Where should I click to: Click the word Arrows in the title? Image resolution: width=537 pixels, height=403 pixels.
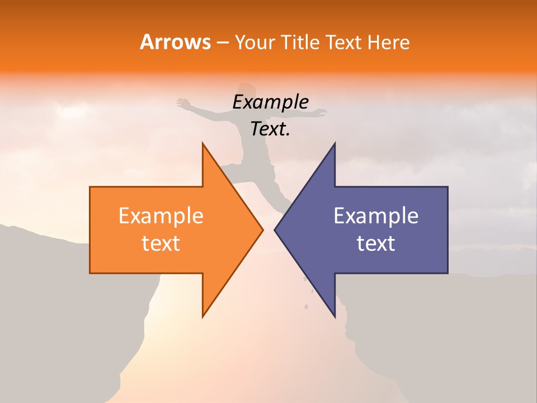tap(175, 42)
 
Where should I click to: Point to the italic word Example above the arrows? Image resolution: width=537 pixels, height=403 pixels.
tap(270, 102)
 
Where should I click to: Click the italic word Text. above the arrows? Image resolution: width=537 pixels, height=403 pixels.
tap(270, 129)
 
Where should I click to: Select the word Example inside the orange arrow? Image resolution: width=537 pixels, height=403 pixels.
tap(161, 216)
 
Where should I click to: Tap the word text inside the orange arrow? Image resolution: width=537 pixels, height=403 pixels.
tap(161, 243)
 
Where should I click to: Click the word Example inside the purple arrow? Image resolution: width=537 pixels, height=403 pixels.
tap(376, 216)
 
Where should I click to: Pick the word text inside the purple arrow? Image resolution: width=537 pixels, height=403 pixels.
tap(376, 243)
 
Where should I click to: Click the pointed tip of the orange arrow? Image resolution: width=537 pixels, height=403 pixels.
tap(262, 229)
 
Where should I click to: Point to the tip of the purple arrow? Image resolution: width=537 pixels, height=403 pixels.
tap(275, 229)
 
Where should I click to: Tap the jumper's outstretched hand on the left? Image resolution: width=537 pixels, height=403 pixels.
tap(182, 102)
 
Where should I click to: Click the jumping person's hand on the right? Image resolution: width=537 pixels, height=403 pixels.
tap(321, 113)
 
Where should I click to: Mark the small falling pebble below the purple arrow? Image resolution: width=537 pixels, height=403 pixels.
tap(306, 306)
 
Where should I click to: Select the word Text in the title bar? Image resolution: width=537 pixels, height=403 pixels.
tap(343, 43)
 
